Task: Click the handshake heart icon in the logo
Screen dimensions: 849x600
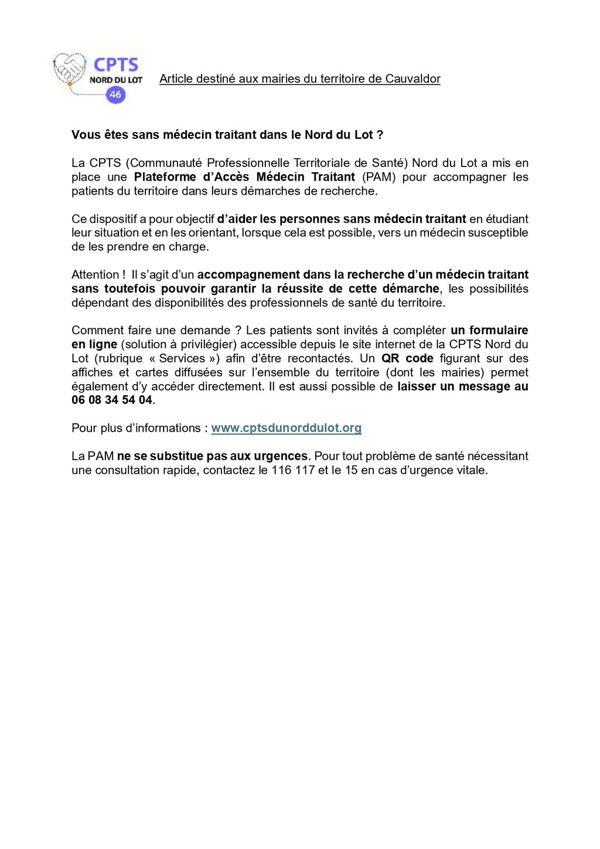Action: click(x=70, y=69)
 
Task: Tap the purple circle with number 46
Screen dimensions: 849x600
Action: click(x=115, y=94)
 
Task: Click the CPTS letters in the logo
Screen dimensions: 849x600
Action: click(x=116, y=64)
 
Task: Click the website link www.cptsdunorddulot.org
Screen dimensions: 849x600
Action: click(x=286, y=428)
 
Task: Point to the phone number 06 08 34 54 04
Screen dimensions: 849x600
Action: click(x=112, y=400)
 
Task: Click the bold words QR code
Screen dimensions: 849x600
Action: click(x=407, y=358)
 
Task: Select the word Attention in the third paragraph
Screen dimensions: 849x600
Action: click(x=96, y=274)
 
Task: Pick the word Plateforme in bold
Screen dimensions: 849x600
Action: click(x=165, y=177)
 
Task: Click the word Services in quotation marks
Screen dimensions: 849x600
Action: click(x=182, y=358)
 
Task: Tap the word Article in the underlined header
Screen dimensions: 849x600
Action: click(x=176, y=79)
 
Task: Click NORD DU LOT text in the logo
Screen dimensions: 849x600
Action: click(x=116, y=80)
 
